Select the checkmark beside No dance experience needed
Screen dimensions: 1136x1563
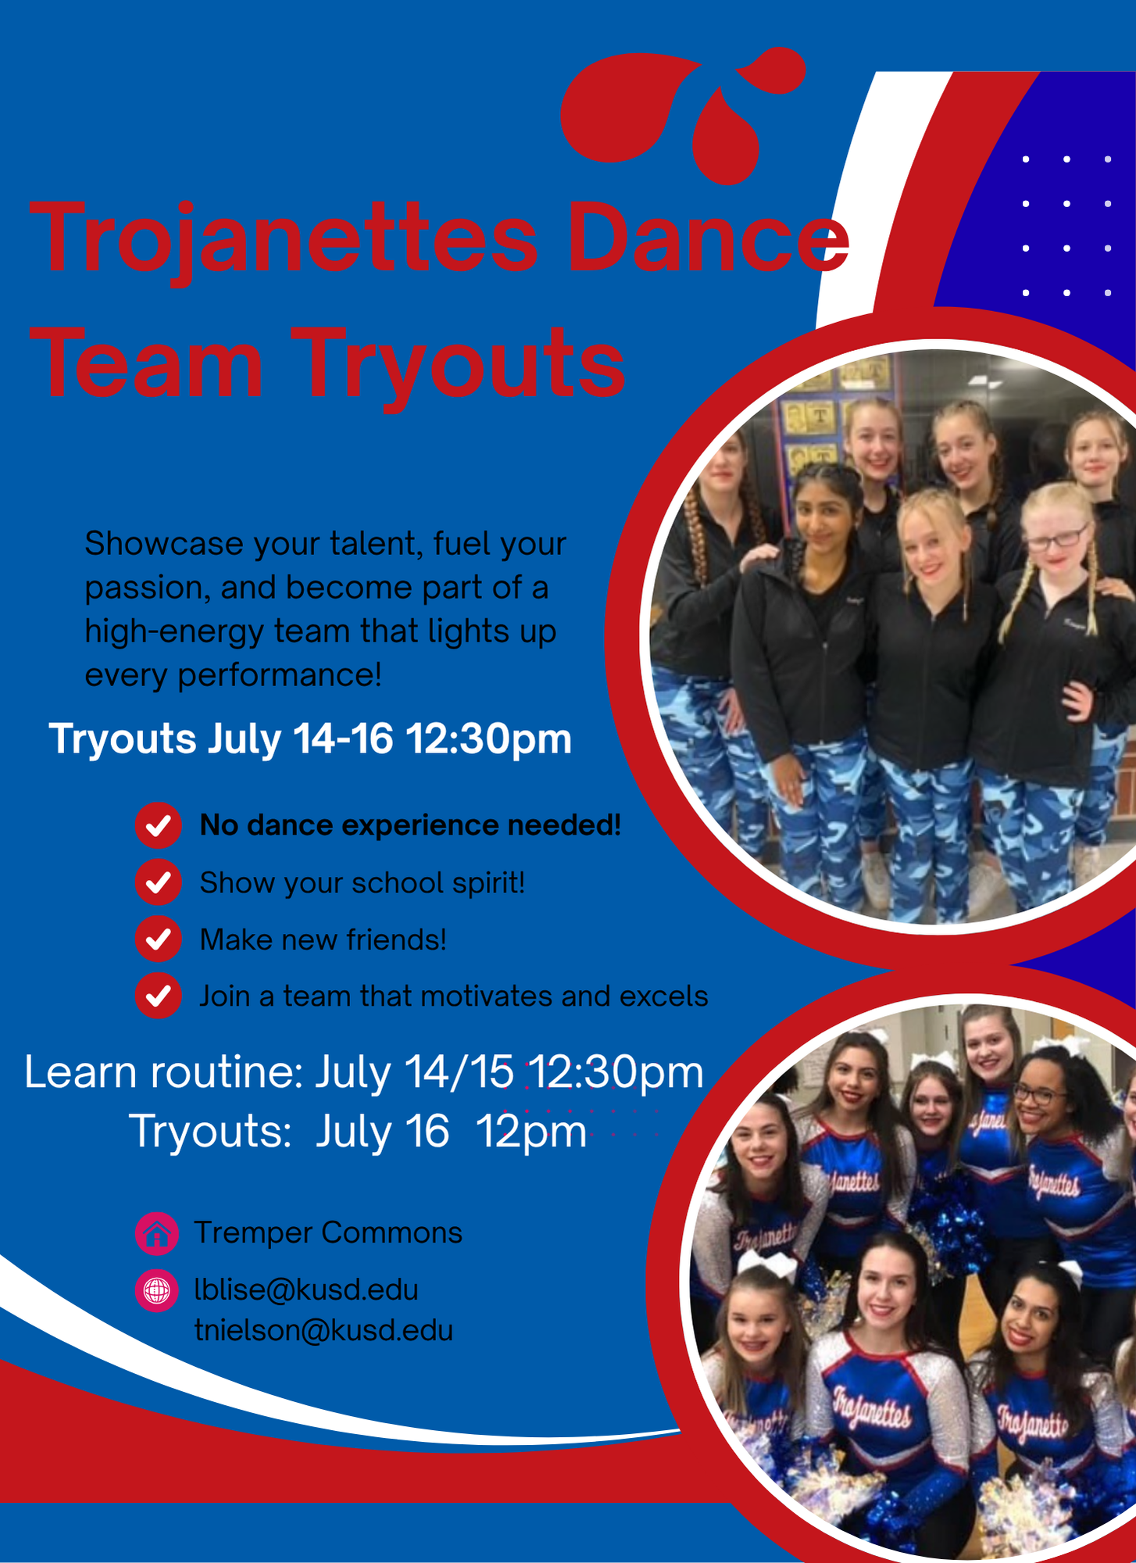click(x=159, y=825)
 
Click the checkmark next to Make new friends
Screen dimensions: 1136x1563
click(x=159, y=939)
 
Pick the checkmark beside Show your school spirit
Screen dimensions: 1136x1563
click(x=159, y=882)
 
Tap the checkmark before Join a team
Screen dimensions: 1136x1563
click(x=159, y=996)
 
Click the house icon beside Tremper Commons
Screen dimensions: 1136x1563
click(x=157, y=1233)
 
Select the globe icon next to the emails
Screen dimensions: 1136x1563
click(x=157, y=1290)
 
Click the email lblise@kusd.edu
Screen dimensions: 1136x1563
click(x=306, y=1290)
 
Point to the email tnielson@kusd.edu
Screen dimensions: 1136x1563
click(x=323, y=1331)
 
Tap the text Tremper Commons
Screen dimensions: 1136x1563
click(x=328, y=1232)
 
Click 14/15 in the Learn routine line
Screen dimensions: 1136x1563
click(x=459, y=1072)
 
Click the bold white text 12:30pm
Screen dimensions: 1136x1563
click(x=488, y=739)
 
